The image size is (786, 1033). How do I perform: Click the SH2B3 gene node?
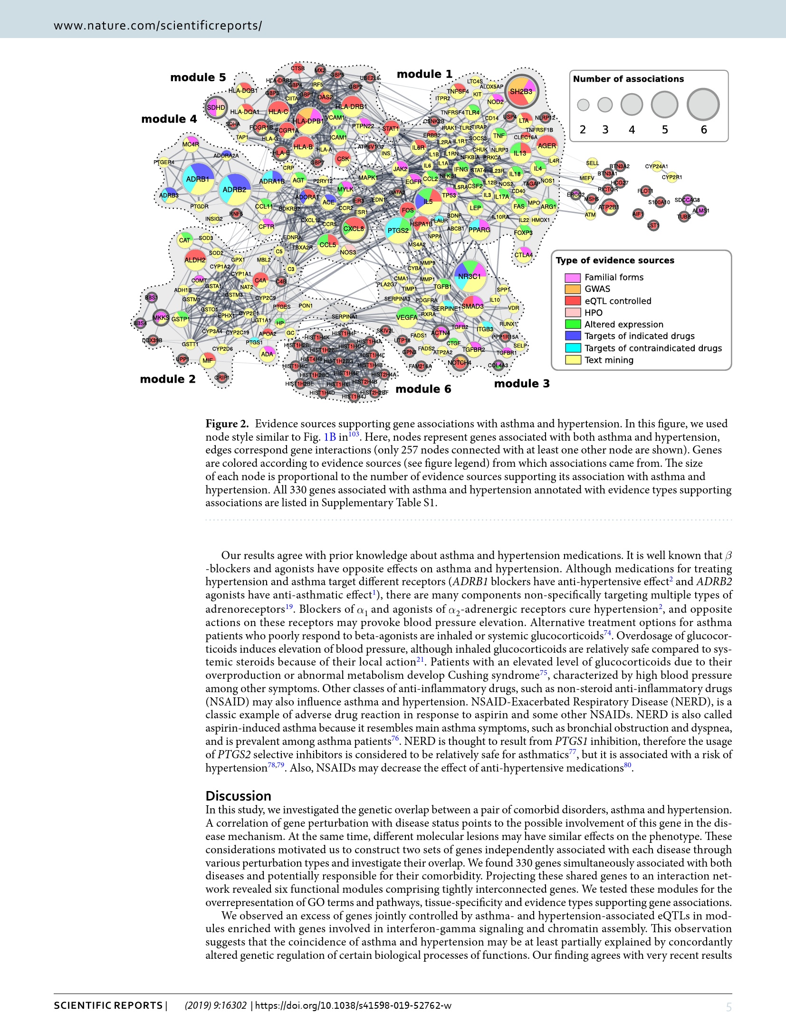coord(521,92)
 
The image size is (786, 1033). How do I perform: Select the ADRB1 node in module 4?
coord(198,179)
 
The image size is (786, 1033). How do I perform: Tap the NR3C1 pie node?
coord(470,276)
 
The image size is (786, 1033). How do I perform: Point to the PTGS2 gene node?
coord(398,231)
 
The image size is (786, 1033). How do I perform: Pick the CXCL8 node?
coord(354,229)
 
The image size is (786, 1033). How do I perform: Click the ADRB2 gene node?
coord(235,190)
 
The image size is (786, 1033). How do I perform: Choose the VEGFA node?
coord(407,317)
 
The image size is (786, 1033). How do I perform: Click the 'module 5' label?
coord(198,77)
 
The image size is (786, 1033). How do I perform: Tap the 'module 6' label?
coord(423,389)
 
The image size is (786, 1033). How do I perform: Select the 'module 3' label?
coord(522,384)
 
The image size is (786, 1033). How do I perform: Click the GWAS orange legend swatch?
coord(573,289)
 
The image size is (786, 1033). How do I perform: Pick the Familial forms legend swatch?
coord(573,277)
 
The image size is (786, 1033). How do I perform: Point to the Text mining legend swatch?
coord(573,360)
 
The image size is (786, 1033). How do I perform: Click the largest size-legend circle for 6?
coord(703,105)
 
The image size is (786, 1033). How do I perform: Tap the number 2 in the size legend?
coord(583,130)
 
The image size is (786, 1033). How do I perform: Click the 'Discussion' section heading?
coord(238,796)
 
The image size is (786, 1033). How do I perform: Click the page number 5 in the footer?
coord(728,1006)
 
